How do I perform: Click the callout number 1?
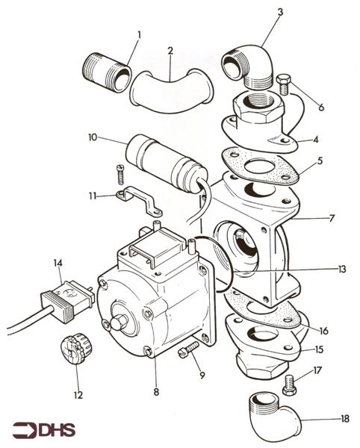[x=138, y=35]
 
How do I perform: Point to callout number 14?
[x=58, y=262]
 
